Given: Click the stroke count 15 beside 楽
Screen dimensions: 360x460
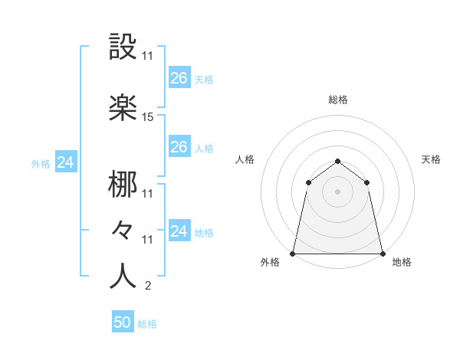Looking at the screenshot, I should (148, 117).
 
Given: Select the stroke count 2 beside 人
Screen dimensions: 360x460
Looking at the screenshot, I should (147, 286).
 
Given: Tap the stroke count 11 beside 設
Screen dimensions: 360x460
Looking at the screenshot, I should (148, 56).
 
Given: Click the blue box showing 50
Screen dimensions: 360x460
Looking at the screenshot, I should (123, 323).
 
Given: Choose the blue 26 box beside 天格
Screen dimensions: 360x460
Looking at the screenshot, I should (179, 77).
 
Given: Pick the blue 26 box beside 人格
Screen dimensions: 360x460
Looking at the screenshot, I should (179, 146).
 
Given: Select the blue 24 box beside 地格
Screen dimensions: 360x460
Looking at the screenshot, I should (179, 231).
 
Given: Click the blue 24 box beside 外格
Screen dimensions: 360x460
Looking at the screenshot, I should (66, 162).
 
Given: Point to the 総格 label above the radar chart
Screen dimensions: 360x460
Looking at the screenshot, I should (338, 100).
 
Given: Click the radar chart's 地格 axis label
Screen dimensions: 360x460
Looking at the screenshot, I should (402, 263).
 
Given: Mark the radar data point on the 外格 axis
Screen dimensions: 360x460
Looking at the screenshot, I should (293, 253).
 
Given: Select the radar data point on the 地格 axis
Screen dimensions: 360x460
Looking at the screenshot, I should (383, 253).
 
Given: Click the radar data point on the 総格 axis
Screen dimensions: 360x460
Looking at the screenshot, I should (338, 161).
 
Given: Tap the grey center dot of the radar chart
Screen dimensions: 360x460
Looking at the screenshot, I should (338, 191).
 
